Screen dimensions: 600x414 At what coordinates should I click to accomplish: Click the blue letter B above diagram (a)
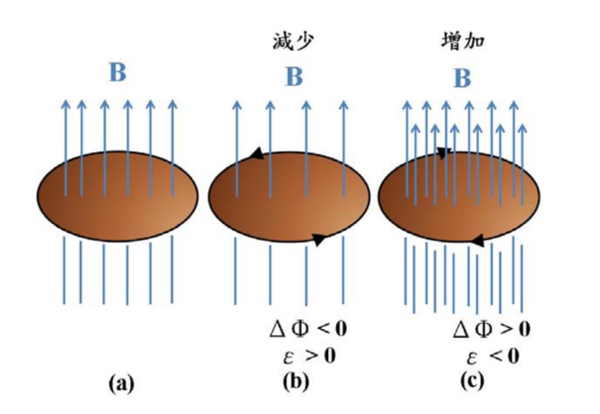tap(117, 72)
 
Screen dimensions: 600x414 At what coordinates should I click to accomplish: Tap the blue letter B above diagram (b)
tap(295, 77)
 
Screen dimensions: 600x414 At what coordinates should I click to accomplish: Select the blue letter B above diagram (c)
tap(463, 79)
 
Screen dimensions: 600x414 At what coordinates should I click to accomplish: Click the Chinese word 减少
tap(294, 42)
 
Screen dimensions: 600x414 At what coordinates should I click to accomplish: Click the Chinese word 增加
tap(464, 41)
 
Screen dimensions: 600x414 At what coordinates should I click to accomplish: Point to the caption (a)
tap(122, 383)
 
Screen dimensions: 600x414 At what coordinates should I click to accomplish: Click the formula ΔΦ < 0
tap(308, 329)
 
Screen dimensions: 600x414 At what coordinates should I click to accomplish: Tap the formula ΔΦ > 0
tap(492, 329)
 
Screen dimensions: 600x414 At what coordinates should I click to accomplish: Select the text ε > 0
tap(310, 356)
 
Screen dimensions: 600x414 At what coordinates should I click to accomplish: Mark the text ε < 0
tap(493, 356)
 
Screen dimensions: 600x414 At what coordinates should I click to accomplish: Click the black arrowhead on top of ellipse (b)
tap(257, 154)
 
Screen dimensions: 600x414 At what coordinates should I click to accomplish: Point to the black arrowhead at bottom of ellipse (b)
tap(320, 240)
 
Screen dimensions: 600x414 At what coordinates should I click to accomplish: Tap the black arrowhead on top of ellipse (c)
tap(445, 153)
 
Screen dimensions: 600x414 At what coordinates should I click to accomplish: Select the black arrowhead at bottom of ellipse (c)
tap(477, 240)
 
